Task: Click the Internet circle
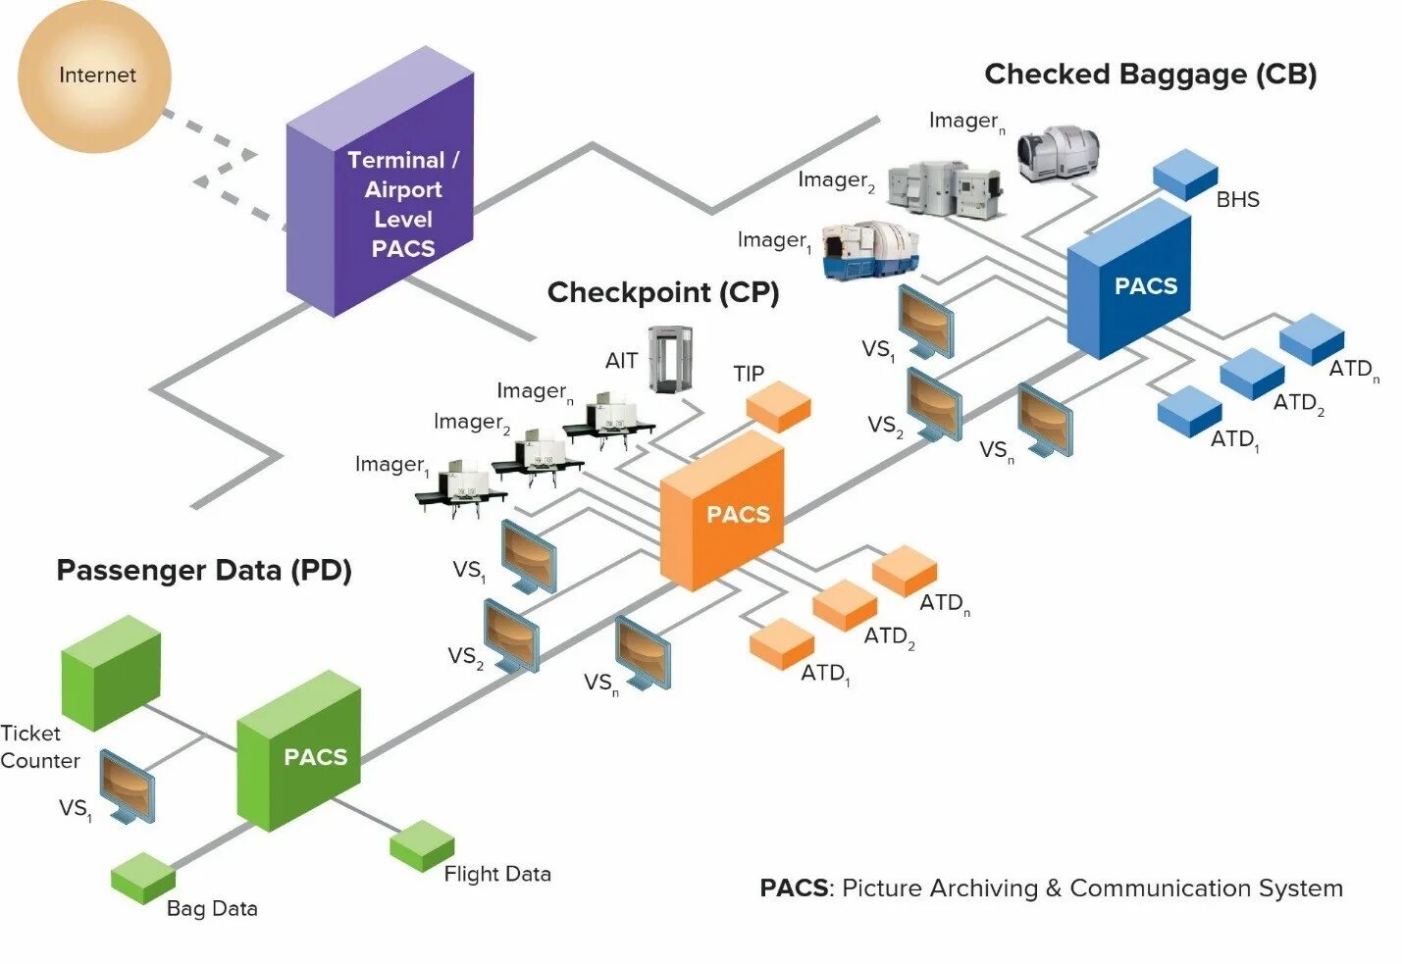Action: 94,76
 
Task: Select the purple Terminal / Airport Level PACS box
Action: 380,181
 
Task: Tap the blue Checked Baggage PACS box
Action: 1128,279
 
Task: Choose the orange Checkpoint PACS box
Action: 722,511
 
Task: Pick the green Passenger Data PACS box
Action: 298,750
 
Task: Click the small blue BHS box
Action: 1185,175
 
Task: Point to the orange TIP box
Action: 779,407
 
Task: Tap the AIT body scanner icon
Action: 670,360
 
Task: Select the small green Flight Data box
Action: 422,845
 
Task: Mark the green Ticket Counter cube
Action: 111,673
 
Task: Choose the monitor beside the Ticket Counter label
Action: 128,786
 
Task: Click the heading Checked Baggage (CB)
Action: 1151,74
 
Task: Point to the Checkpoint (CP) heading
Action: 663,292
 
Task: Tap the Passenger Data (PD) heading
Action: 204,570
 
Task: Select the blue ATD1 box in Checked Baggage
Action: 1190,411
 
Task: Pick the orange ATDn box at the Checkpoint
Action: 905,571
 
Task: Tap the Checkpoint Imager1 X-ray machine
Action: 461,489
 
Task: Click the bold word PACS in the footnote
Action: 794,888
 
